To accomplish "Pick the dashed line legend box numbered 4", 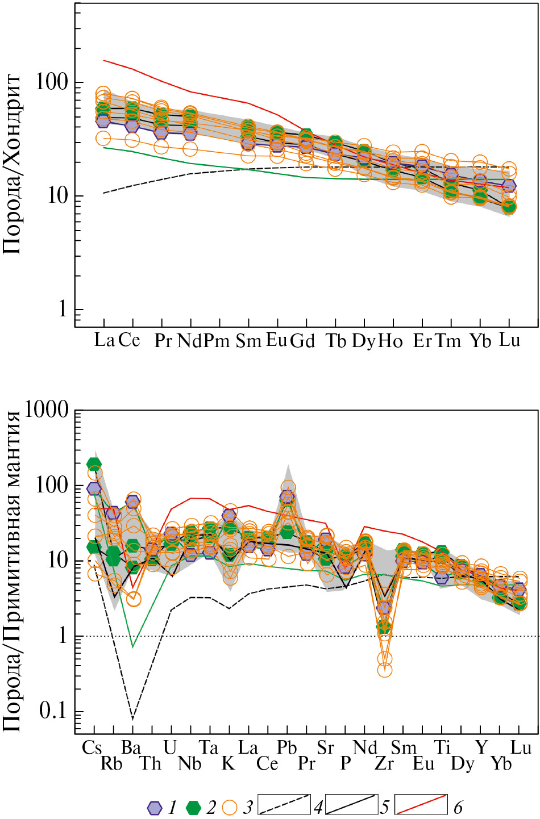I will [x=284, y=804].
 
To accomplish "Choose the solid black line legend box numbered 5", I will [x=351, y=804].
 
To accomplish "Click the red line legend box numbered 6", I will [x=421, y=804].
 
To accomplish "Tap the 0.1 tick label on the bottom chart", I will [x=53, y=711].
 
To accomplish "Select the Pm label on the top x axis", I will [x=217, y=341].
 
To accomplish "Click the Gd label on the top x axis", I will [x=302, y=341].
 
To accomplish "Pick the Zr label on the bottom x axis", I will [x=384, y=764].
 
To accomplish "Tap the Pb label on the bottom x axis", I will [x=287, y=748].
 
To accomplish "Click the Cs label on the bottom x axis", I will [x=92, y=748].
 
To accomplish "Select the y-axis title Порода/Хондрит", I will [x=13, y=165].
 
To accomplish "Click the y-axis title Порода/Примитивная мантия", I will [x=13, y=571].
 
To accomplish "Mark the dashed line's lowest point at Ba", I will [x=133, y=719].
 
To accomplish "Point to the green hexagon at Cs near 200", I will [x=94, y=464].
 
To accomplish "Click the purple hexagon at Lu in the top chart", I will [x=509, y=186].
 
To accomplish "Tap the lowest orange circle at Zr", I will [x=385, y=670].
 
